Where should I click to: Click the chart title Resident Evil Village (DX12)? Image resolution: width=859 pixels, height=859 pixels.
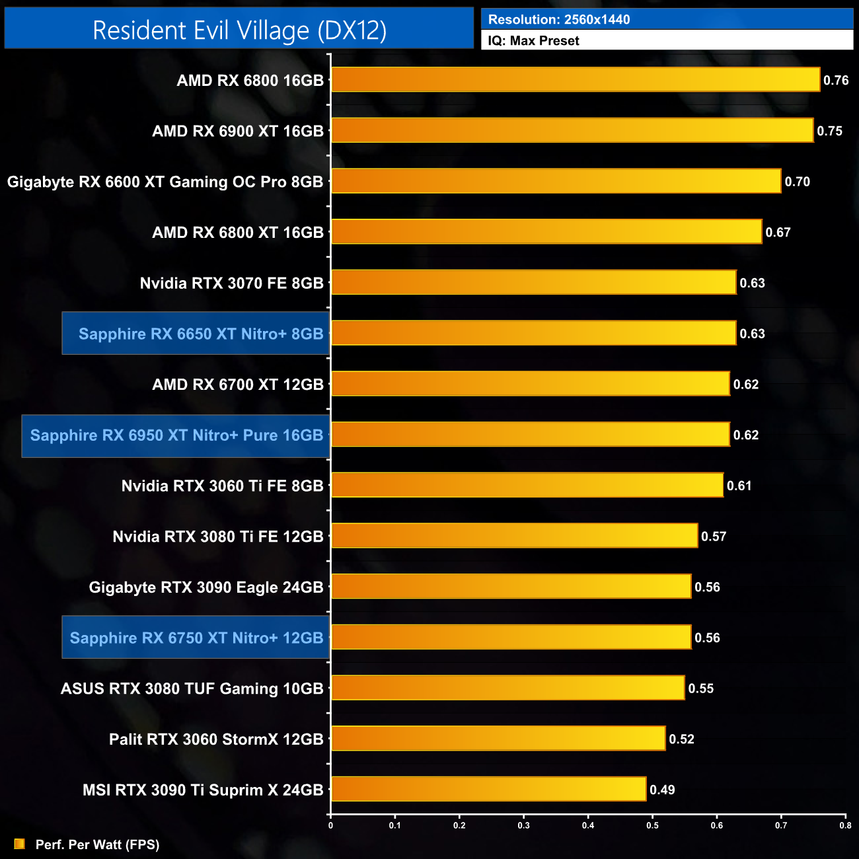[239, 30]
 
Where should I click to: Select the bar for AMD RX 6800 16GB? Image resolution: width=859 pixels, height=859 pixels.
[575, 80]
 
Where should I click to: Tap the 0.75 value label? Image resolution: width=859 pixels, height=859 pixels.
[829, 131]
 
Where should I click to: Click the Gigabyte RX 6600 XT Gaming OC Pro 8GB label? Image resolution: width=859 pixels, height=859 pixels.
[165, 182]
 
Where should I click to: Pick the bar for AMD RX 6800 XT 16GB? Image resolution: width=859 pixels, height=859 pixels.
[546, 232]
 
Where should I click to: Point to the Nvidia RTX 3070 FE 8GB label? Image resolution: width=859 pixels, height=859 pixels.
[231, 283]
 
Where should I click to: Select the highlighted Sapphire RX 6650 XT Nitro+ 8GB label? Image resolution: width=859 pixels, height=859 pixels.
[200, 334]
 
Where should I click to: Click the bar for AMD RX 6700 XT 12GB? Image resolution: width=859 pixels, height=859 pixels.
[530, 384]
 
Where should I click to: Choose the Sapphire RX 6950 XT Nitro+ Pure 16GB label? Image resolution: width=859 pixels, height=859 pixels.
[176, 435]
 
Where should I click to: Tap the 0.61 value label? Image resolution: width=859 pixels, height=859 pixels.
[739, 486]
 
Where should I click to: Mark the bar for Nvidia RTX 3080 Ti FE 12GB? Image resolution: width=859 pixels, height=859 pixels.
[514, 536]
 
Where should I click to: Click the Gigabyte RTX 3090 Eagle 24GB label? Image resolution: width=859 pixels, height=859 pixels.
[206, 587]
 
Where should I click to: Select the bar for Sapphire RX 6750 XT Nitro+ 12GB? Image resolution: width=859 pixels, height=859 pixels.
[511, 638]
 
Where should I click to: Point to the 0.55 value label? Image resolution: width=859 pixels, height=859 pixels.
[700, 689]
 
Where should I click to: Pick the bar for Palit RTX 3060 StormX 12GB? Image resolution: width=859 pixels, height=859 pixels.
[498, 739]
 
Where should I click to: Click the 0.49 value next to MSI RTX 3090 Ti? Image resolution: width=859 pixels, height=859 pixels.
[662, 790]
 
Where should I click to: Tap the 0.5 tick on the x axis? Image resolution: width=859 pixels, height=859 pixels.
[652, 825]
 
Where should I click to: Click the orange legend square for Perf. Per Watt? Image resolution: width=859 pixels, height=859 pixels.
[19, 844]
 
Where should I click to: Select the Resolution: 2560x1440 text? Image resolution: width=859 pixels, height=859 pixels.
[559, 20]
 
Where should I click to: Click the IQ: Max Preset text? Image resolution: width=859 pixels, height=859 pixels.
[533, 41]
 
